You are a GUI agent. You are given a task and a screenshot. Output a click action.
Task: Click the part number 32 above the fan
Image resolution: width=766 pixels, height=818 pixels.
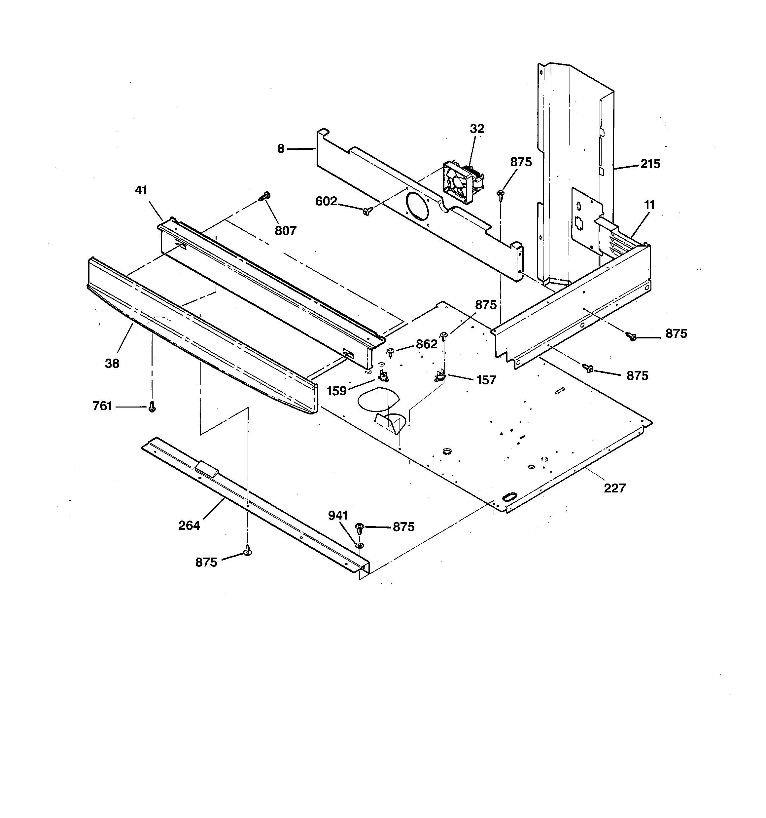(x=477, y=129)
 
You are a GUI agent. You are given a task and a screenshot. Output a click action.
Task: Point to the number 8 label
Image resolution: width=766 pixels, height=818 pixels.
(x=281, y=149)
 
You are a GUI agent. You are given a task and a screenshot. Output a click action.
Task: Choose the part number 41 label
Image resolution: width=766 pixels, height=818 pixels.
(x=141, y=190)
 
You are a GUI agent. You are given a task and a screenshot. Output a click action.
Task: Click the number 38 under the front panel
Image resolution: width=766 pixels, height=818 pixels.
(x=112, y=363)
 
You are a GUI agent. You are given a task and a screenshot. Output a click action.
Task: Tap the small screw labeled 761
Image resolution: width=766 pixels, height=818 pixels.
(x=152, y=407)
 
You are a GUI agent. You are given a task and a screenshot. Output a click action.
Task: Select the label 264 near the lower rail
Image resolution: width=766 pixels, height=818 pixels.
(x=189, y=526)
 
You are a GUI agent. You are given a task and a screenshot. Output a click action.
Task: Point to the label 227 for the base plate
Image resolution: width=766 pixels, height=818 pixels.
(x=614, y=488)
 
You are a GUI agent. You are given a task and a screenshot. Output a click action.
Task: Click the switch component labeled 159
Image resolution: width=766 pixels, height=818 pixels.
(x=383, y=375)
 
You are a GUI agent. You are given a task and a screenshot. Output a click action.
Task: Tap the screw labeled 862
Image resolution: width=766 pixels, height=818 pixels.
(x=391, y=352)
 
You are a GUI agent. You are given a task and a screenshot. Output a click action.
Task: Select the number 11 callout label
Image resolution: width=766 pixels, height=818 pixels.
(x=649, y=205)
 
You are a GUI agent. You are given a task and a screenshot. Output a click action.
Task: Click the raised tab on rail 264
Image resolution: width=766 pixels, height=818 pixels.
(x=208, y=469)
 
